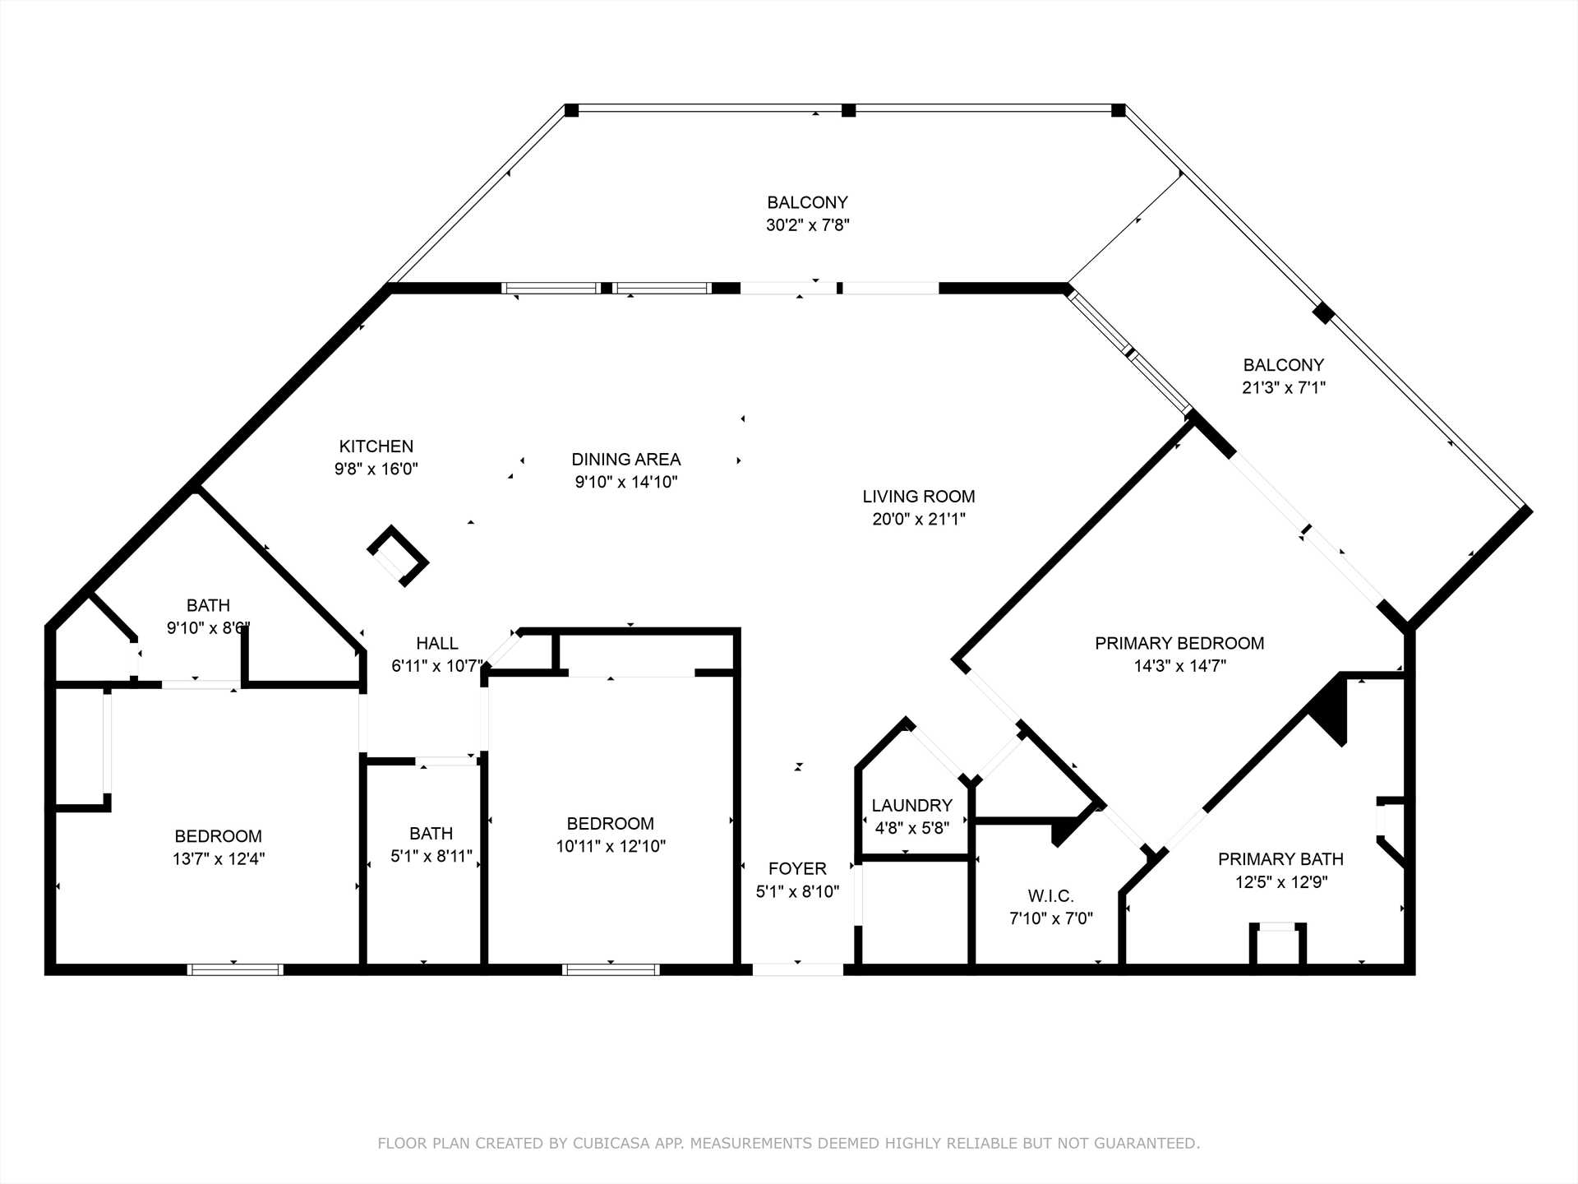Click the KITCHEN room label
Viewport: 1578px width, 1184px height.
tap(376, 446)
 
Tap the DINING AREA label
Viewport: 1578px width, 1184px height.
tap(626, 460)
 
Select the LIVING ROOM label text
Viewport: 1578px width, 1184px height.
tap(919, 497)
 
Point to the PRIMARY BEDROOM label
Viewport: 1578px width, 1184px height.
tap(1179, 644)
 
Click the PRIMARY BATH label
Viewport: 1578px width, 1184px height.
tap(1280, 859)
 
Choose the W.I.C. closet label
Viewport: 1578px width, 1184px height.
tap(1050, 896)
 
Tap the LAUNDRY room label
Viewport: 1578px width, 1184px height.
tap(912, 806)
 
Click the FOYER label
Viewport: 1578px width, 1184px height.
tap(797, 869)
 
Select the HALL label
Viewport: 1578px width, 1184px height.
tap(437, 644)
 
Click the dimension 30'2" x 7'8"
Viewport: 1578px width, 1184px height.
tap(808, 225)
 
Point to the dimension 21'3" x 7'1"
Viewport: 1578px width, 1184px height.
tap(1284, 388)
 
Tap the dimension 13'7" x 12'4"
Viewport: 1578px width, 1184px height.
tap(219, 859)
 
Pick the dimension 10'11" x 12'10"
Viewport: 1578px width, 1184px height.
tap(611, 846)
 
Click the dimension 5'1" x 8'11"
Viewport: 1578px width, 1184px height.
tap(431, 857)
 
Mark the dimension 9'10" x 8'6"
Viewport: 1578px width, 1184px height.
tap(208, 628)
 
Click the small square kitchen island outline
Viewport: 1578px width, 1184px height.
tap(398, 556)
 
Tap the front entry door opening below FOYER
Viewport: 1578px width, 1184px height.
tap(798, 969)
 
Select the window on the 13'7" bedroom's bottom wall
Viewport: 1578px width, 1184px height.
tap(236, 970)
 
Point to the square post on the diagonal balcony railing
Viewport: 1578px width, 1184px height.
tap(1322, 313)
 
